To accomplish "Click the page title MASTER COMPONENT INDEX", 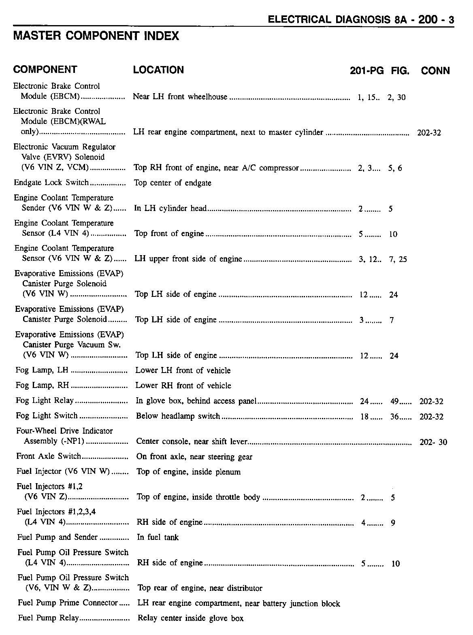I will tap(96, 36).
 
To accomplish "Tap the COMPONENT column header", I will tap(45, 70).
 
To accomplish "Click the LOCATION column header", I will tap(158, 70).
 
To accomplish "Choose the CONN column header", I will tap(435, 71).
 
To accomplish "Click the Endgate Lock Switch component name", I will tap(51, 183).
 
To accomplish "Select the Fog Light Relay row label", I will tap(45, 401).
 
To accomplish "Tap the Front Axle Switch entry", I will tap(49, 456).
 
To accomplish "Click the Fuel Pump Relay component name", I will tap(48, 618).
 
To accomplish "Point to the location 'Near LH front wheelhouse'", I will tap(180, 97).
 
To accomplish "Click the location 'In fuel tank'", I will tap(158, 537).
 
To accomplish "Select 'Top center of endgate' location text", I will tap(173, 183).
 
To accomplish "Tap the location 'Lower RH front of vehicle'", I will tap(183, 386).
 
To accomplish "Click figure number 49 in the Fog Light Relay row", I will tap(394, 401).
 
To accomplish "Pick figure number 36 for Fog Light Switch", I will tap(394, 416).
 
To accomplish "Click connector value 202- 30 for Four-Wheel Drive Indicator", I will tap(433, 442).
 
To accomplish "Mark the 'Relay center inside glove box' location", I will tap(191, 618).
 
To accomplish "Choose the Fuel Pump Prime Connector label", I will tap(68, 603).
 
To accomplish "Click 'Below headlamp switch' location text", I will tap(178, 416).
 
